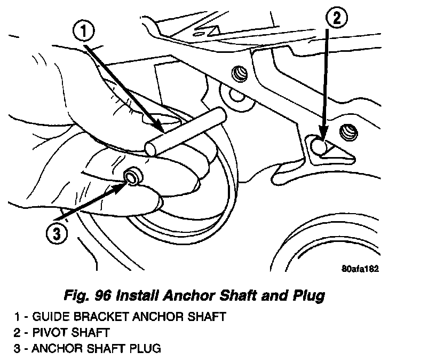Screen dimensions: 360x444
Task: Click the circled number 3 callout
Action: coord(56,234)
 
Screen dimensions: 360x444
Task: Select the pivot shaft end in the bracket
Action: coord(318,145)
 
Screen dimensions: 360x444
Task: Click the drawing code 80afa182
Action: coord(360,269)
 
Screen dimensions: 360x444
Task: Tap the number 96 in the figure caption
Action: coord(101,295)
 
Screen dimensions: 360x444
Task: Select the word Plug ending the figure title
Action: coord(310,295)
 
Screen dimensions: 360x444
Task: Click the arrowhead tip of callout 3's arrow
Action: coord(125,181)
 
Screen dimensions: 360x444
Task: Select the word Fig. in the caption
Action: coord(76,295)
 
